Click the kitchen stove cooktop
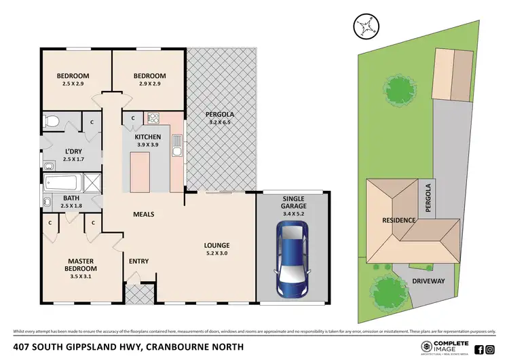(x=153, y=119)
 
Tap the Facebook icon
(x=479, y=349)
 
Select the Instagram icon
(x=491, y=349)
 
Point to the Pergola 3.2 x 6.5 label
(x=220, y=119)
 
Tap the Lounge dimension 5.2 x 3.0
(x=219, y=254)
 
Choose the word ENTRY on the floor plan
(x=138, y=262)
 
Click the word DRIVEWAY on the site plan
(x=429, y=281)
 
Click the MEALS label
(x=143, y=214)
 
